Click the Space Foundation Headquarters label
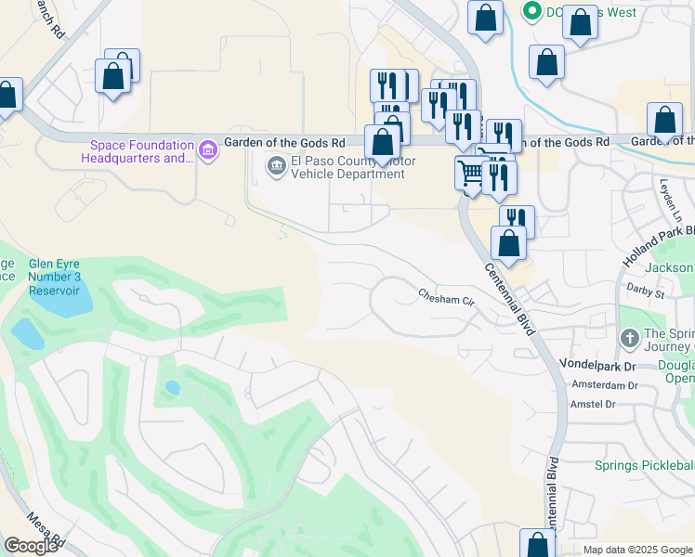pos(141,150)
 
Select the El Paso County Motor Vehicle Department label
pos(353,167)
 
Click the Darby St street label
pos(646,293)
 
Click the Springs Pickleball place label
pos(644,464)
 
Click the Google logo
pos(31,546)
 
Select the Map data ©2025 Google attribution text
pos(637,550)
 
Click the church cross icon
pos(628,339)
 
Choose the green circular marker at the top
pos(532,12)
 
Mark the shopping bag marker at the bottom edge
pos(537,545)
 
